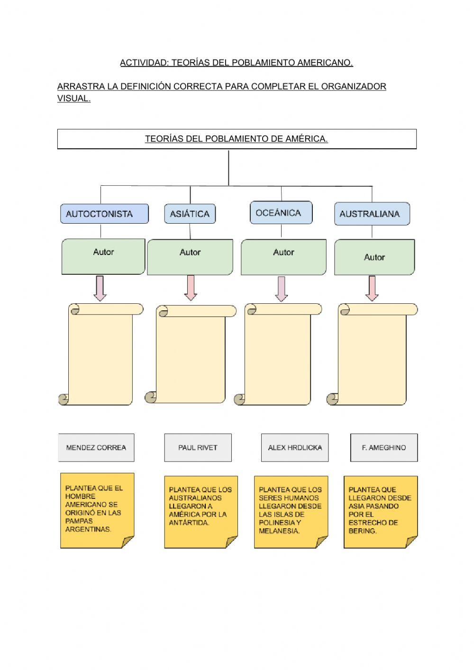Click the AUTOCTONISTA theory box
coord(104,214)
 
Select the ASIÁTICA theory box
coord(190,214)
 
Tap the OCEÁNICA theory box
coord(281,213)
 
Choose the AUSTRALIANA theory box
coord(372,214)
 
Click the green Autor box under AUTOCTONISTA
coord(103,256)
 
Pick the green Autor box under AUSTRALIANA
coord(374,257)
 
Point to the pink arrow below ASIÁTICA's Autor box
coord(191,288)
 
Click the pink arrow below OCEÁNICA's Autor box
coord(282,289)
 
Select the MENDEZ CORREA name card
coord(96,447)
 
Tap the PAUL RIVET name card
coord(198,447)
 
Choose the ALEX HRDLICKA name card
coord(294,447)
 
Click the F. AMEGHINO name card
coord(384,447)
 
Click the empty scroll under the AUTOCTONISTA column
coord(100,355)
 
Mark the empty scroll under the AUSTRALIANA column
coord(373,355)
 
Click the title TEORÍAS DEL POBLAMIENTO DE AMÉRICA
coord(237,139)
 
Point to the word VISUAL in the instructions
coord(73,99)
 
